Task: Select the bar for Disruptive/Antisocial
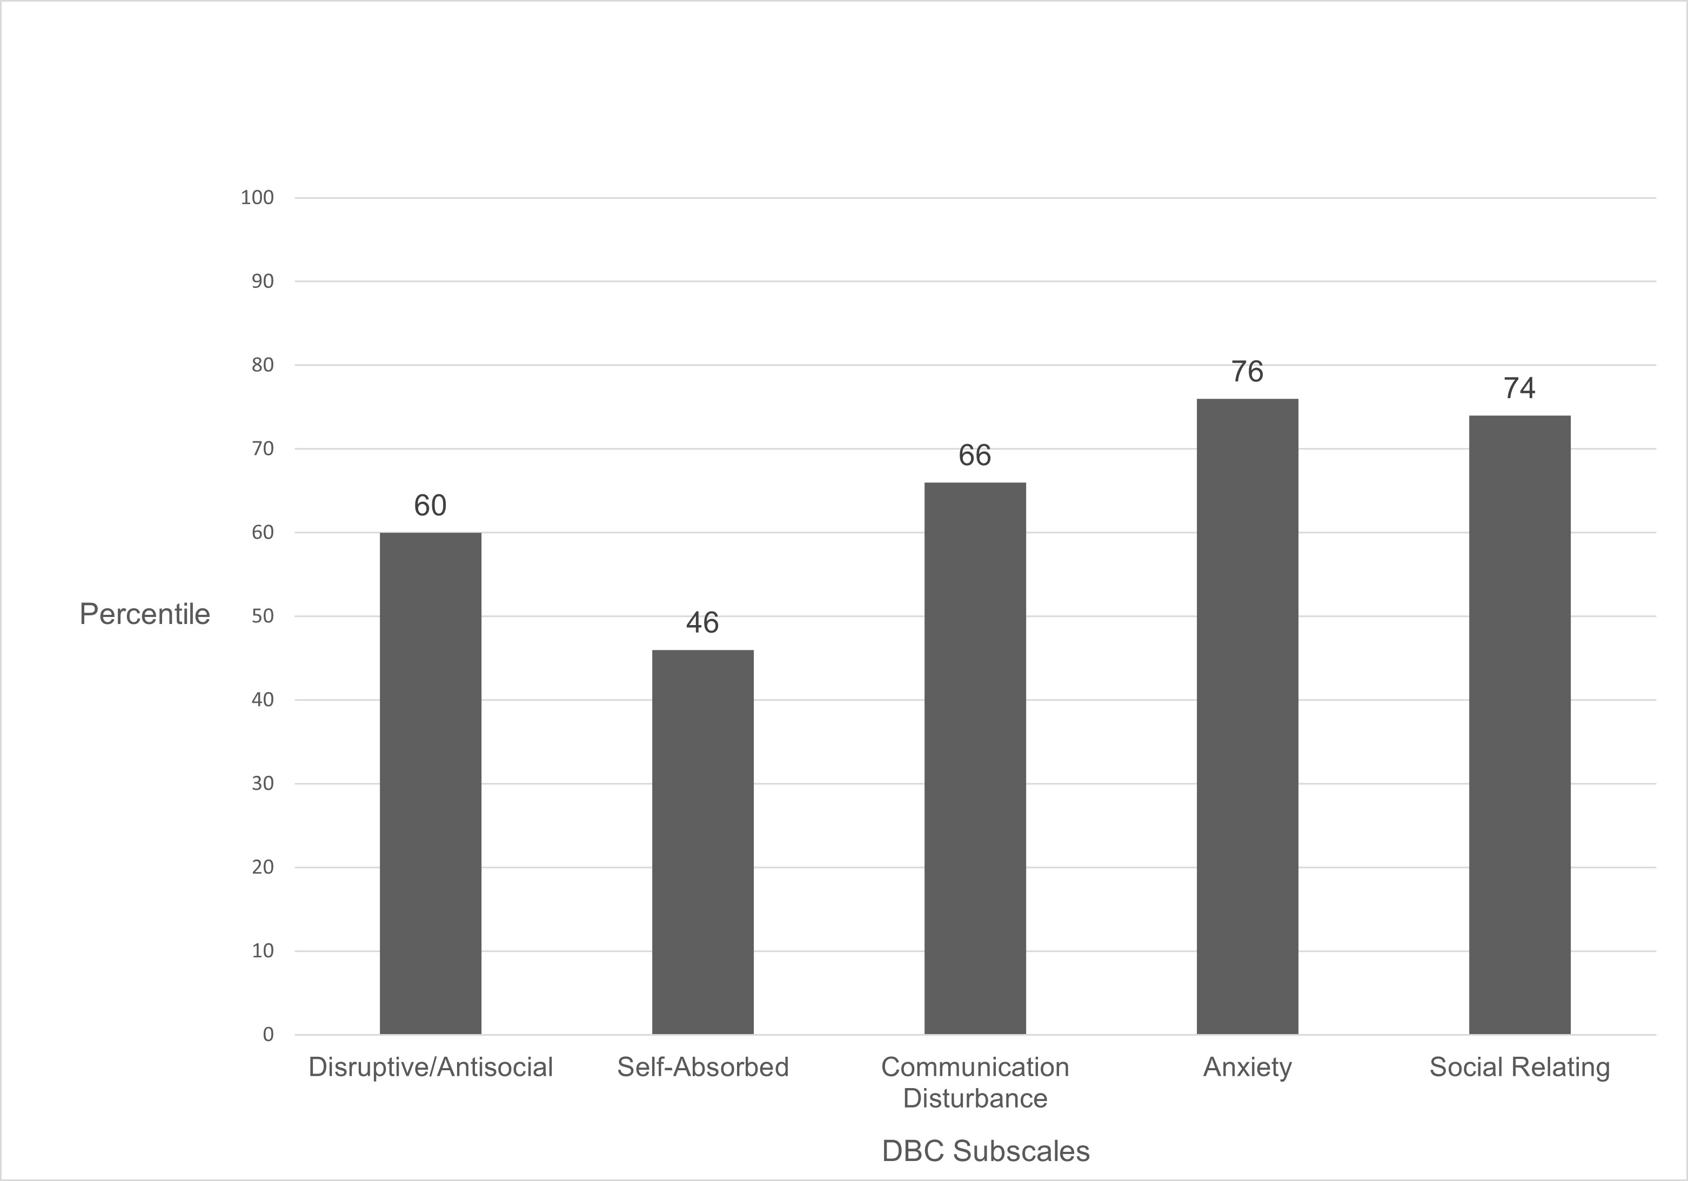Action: pos(430,783)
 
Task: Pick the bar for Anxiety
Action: pos(1247,716)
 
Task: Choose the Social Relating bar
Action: pos(1519,724)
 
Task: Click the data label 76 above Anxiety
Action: pos(1247,372)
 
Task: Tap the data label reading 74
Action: pos(1519,388)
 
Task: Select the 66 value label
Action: pos(975,455)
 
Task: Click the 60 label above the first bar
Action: pos(430,506)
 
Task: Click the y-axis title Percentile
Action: pos(145,614)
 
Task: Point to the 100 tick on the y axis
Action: pos(257,198)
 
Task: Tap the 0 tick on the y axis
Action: pos(267,1035)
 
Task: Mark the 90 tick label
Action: pos(263,281)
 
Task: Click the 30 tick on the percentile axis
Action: pos(263,783)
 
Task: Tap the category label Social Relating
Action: pos(1519,1067)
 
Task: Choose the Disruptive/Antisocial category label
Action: pos(430,1067)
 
